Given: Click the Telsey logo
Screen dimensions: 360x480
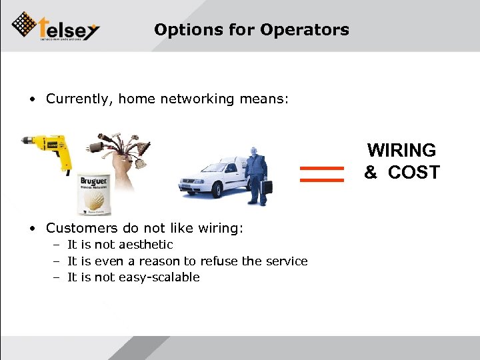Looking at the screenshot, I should [56, 27].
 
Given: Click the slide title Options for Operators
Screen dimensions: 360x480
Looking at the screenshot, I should [251, 30].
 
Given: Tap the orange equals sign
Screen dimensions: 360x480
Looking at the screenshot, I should [322, 174].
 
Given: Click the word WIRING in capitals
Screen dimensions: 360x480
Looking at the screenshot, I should [401, 150].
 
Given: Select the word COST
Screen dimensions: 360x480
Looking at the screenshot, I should [413, 172].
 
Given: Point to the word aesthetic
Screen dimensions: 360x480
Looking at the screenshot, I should [146, 245].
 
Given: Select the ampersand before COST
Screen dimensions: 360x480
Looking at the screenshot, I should [371, 172].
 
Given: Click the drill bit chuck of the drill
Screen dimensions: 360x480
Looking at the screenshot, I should [27, 141].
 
